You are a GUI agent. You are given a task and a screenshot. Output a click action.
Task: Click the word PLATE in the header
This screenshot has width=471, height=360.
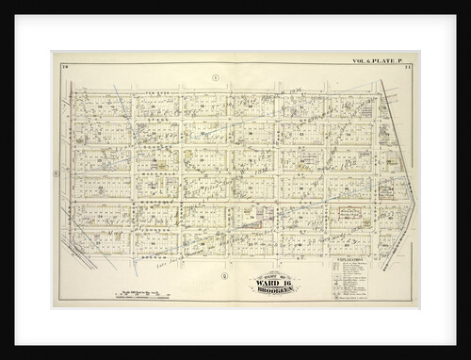pyautogui.click(x=389, y=62)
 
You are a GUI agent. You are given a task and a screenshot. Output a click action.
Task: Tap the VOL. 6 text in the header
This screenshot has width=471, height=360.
pyautogui.click(x=362, y=62)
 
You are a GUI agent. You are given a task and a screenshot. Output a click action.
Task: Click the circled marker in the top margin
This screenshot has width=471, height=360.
pyautogui.click(x=216, y=75)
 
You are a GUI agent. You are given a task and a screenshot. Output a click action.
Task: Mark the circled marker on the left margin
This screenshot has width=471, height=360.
pyautogui.click(x=57, y=172)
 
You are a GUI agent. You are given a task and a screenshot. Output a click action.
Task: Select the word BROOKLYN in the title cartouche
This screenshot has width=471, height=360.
pyautogui.click(x=270, y=290)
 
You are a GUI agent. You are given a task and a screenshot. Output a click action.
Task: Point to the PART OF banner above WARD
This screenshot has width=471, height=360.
pyautogui.click(x=270, y=273)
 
